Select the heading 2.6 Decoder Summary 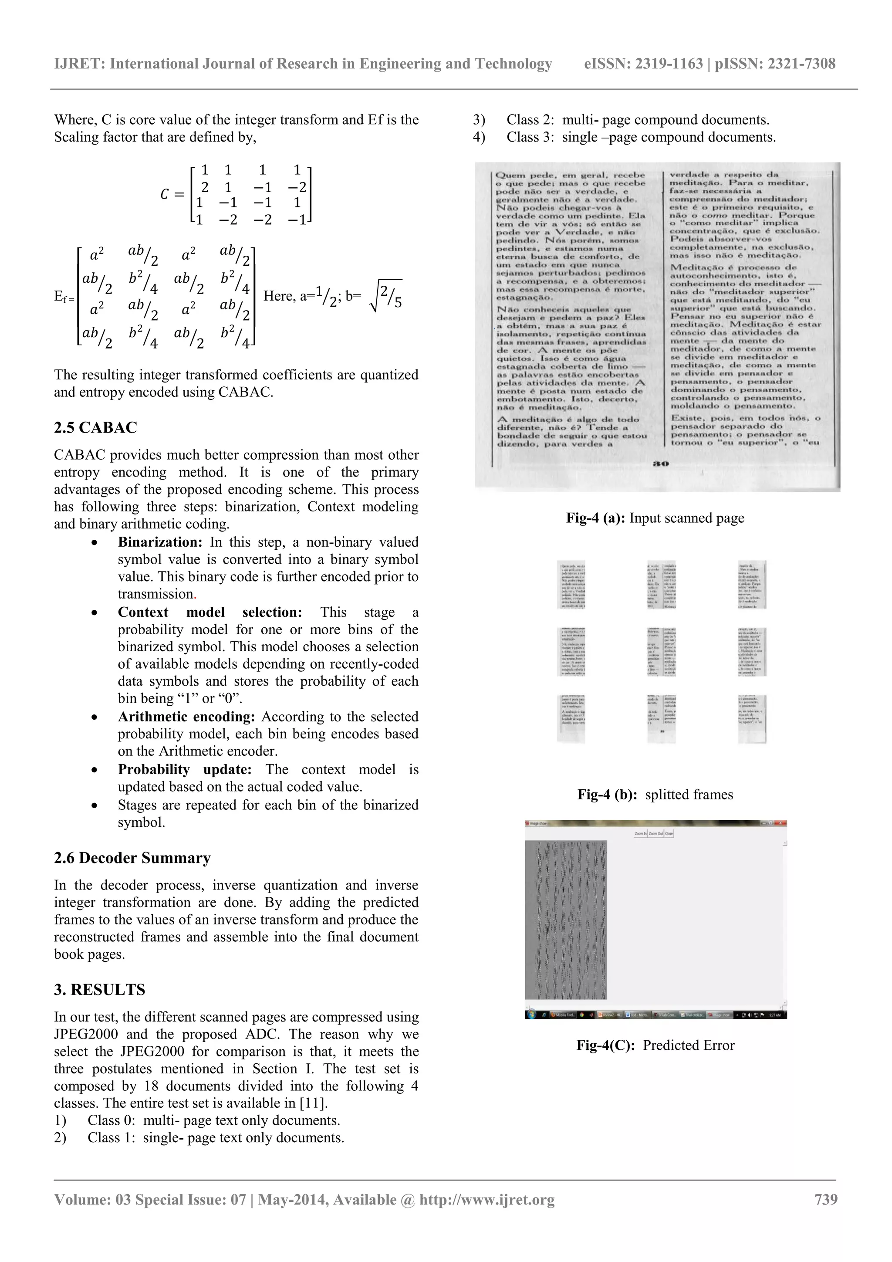(x=132, y=858)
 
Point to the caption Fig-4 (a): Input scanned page (x=655, y=518)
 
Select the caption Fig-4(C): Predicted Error (x=655, y=1045)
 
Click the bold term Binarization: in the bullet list (x=160, y=542)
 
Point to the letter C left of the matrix (x=164, y=195)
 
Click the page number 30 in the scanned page (x=661, y=464)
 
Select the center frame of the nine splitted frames (x=662, y=651)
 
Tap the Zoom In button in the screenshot (x=640, y=834)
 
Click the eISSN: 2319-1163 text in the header (x=643, y=64)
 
